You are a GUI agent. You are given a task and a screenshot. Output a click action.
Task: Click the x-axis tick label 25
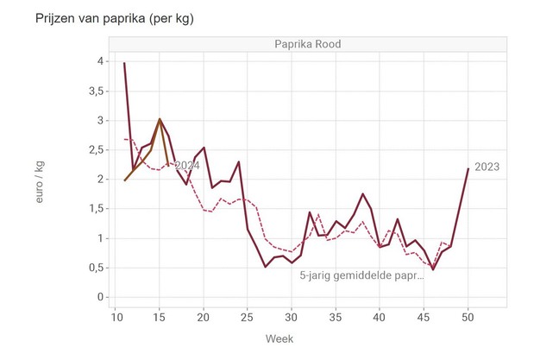[248, 317]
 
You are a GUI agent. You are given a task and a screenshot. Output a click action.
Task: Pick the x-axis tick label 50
[468, 317]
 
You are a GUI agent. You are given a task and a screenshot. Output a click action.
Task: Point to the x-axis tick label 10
[116, 317]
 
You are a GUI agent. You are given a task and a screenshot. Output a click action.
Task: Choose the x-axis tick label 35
[336, 317]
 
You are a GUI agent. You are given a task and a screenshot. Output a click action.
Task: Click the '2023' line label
[487, 167]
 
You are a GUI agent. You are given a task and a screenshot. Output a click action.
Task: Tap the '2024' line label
[187, 165]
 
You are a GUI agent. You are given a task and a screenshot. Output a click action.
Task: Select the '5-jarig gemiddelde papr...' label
[361, 276]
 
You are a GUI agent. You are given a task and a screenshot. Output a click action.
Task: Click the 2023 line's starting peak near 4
[124, 63]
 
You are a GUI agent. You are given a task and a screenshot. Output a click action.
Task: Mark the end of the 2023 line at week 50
[468, 168]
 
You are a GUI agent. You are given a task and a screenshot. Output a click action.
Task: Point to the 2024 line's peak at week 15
[160, 119]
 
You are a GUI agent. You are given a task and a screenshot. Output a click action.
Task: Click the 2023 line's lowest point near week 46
[433, 269]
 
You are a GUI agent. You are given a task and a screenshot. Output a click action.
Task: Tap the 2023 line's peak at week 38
[362, 193]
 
